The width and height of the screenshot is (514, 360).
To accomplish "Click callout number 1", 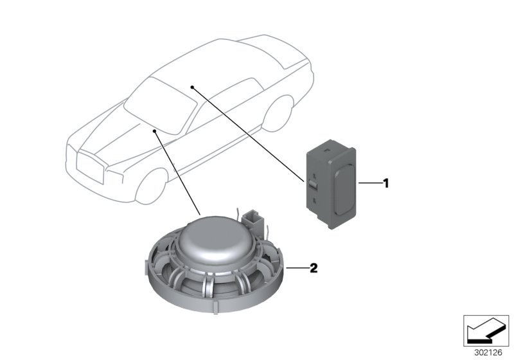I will click(385, 183).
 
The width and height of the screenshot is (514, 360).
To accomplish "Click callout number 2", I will click(314, 269).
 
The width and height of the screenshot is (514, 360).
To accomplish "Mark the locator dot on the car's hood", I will click(155, 130).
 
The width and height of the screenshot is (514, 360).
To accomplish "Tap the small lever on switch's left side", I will click(312, 184).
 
